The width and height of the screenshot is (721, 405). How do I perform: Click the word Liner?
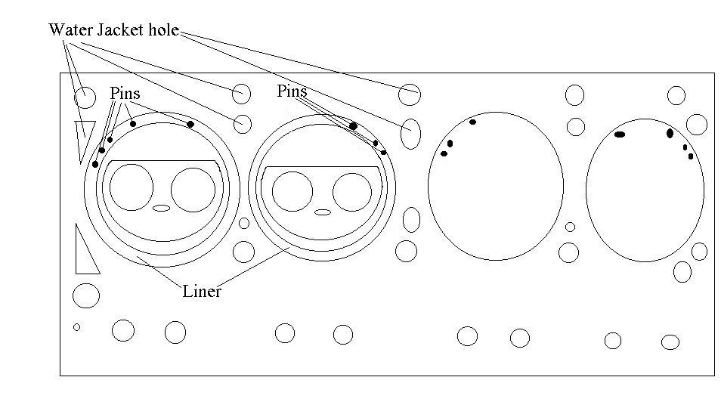[202, 291]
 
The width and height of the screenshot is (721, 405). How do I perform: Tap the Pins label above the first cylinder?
[125, 92]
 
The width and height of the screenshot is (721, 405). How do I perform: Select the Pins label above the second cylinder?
[292, 91]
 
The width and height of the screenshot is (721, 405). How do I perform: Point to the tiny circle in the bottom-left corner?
[76, 327]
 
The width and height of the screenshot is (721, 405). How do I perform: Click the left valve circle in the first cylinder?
[132, 189]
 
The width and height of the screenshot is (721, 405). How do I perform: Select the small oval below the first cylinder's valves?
[162, 208]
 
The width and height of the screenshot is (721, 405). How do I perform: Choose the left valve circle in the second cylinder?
[292, 191]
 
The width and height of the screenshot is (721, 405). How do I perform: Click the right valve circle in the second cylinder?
[352, 192]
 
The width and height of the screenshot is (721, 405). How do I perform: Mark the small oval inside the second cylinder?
[323, 212]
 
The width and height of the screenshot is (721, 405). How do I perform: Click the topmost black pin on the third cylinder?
[472, 122]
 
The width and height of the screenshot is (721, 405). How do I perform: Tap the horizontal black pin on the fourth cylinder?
[620, 134]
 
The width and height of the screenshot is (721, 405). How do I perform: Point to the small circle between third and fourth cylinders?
[570, 227]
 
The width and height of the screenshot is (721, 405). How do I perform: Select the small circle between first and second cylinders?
[244, 223]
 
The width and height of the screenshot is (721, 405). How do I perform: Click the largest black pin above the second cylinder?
[353, 125]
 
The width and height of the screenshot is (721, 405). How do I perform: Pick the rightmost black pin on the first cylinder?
[190, 124]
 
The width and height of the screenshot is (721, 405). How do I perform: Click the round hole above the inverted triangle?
[85, 97]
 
